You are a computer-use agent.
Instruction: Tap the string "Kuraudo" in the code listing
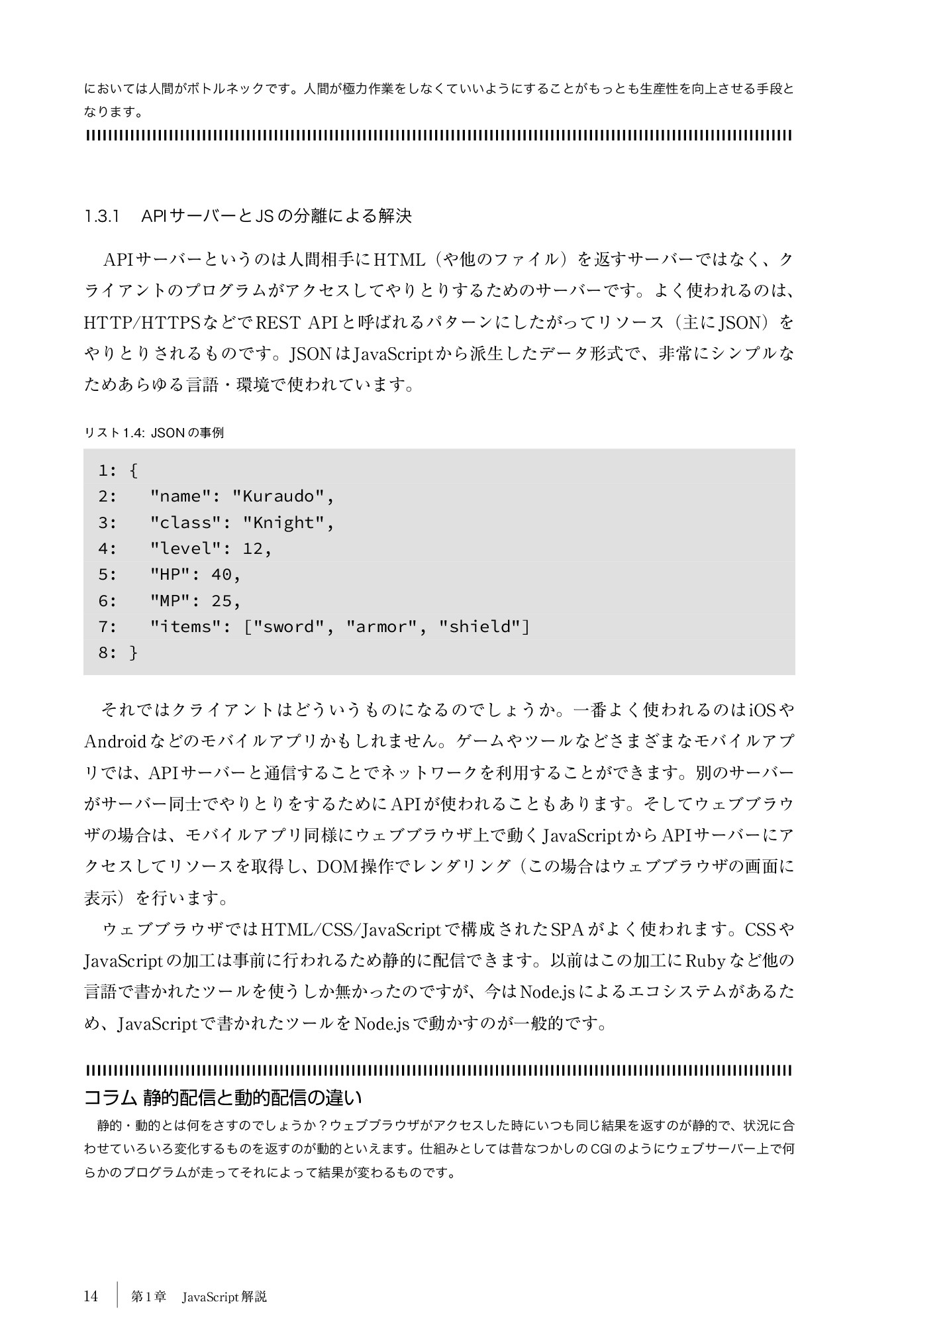click(279, 496)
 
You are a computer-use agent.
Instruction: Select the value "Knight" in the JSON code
click(283, 523)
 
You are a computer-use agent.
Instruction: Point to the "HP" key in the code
click(170, 574)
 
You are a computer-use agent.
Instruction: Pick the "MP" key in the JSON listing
click(170, 601)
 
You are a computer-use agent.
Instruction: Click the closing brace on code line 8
click(134, 653)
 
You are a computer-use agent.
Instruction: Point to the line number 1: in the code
click(107, 470)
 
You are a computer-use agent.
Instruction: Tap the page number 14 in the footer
click(91, 1296)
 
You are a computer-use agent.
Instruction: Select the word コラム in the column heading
click(110, 1098)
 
